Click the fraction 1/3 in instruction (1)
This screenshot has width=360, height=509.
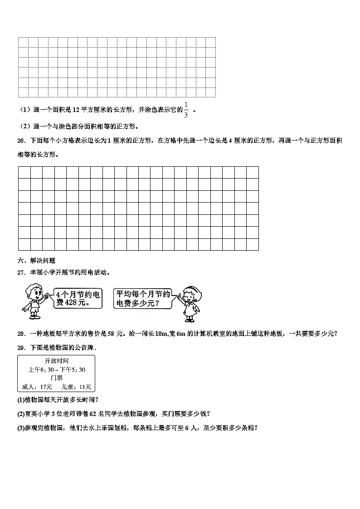pyautogui.click(x=185, y=110)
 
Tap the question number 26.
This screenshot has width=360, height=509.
pyautogui.click(x=21, y=141)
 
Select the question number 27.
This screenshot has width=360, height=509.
pyautogui.click(x=21, y=273)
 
